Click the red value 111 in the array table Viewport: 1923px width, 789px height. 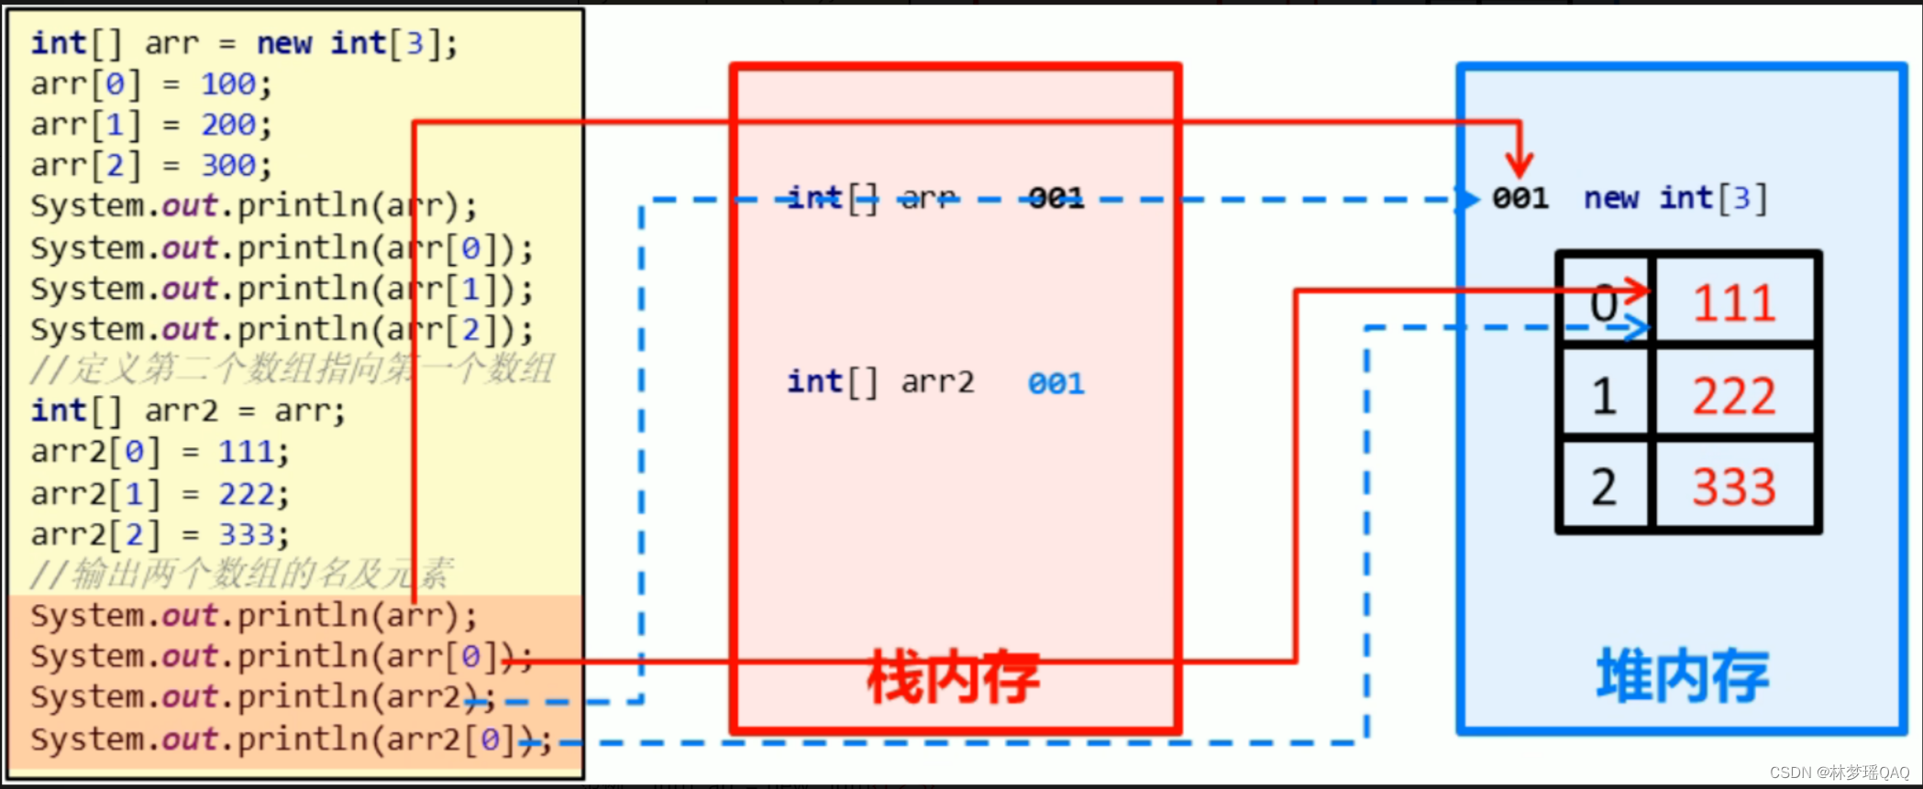1734,302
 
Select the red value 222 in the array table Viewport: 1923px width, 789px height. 1734,396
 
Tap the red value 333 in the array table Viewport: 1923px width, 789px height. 1734,486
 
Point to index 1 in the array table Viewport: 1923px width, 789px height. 1604,396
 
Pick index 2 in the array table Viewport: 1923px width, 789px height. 1604,486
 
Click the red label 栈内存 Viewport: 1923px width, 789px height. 954,678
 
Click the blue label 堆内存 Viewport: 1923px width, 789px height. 1683,676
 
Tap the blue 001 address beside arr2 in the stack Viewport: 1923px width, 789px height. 1055,383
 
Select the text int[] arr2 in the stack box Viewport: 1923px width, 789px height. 880,382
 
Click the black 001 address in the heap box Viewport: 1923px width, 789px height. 1520,198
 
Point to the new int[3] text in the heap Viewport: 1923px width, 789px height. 1675,198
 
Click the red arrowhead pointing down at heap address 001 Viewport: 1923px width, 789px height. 1520,166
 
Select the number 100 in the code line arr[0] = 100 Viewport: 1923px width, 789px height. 228,84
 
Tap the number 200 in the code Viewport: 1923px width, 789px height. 228,125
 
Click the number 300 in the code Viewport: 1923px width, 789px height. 228,166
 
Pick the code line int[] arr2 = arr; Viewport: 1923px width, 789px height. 188,411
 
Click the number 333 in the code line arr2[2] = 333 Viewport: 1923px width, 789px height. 246,534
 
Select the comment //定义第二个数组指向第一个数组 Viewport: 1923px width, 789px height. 292,369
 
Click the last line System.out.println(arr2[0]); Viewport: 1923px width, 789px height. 290,739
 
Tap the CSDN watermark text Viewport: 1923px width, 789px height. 1839,773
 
